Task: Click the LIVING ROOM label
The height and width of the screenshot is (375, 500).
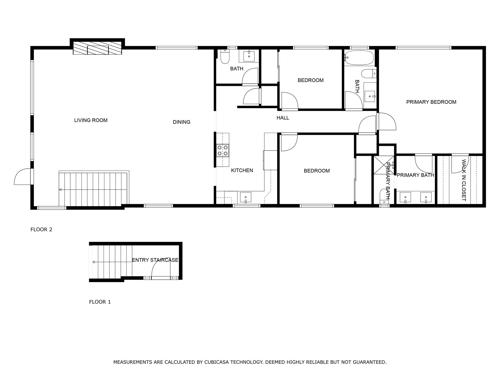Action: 91,120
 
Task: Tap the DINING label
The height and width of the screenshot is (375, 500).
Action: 182,122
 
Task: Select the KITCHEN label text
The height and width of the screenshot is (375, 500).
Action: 242,170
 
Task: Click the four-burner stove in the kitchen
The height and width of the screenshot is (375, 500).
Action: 223,150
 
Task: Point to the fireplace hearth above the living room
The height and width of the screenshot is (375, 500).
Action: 97,49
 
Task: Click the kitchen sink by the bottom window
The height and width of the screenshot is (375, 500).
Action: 245,197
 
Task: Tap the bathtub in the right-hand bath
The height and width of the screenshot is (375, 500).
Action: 359,57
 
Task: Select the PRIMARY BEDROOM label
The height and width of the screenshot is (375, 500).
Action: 431,102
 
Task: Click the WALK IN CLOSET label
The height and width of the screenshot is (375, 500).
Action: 464,180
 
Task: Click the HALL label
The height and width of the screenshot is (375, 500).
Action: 283,118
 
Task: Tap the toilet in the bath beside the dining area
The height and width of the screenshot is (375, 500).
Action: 224,58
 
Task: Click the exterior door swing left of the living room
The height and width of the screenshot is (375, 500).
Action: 22,177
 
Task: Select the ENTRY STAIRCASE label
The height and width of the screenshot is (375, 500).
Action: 155,260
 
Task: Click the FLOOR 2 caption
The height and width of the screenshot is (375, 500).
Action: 41,229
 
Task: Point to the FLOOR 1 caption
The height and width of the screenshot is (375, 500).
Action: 100,302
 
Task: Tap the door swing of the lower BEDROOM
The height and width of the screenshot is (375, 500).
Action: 289,142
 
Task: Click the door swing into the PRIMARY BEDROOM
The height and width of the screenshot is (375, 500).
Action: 387,121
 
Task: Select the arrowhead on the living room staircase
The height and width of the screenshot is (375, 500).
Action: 60,190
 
